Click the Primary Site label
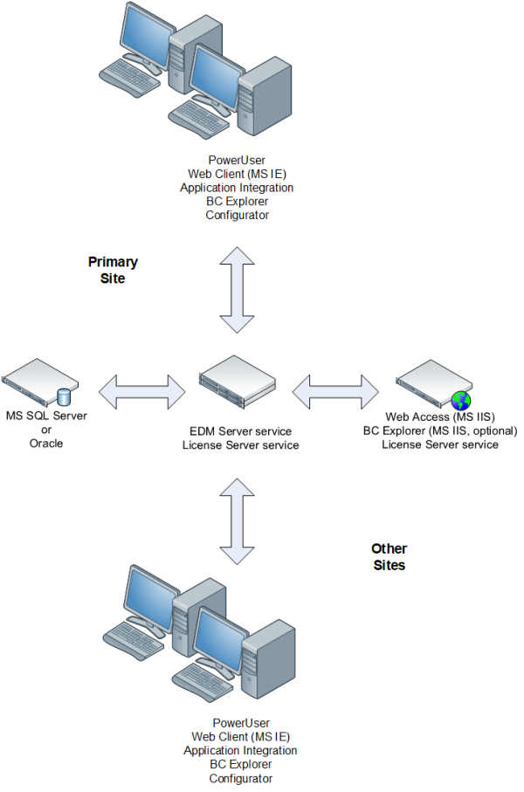point(113,270)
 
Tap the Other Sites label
point(389,556)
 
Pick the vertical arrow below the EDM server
point(237,520)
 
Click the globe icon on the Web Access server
point(460,401)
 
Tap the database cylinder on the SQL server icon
point(63,397)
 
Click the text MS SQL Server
point(46,416)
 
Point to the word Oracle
point(46,443)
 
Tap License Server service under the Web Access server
point(441,444)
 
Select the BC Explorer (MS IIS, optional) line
point(441,430)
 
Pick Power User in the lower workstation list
point(240,723)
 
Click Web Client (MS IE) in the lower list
point(240,736)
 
